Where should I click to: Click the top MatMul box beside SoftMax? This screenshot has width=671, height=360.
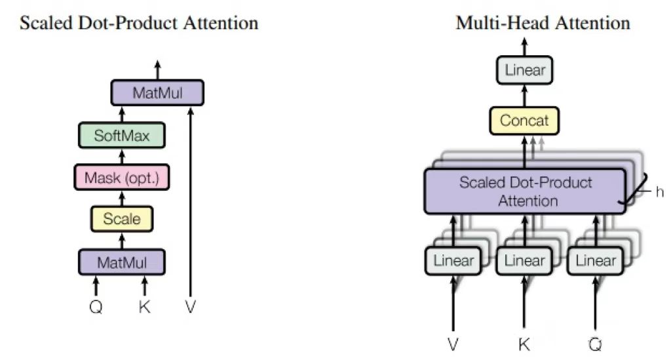point(157,92)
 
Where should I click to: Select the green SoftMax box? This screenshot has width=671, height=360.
point(121,136)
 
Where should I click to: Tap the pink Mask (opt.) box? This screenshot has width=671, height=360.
point(121,177)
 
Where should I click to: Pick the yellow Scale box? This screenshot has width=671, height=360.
point(122,219)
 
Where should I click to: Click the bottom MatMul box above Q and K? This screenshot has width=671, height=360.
point(121,262)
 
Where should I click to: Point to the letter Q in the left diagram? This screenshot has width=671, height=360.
point(96,306)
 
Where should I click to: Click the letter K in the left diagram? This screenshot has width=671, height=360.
point(145,306)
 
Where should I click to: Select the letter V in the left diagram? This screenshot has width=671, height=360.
point(190,306)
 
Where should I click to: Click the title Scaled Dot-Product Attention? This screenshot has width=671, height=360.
point(139,24)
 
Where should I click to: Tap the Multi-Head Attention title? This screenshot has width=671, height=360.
point(543,24)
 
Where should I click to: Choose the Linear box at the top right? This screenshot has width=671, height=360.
point(525,70)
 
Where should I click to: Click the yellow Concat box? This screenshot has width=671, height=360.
point(524,121)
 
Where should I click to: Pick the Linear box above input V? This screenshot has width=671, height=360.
point(453,260)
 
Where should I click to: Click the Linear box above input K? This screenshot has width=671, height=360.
point(524,260)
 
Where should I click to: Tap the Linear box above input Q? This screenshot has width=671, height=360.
point(596,260)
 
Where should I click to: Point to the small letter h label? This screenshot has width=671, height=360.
point(659,191)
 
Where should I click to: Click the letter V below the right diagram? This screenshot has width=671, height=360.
point(453,344)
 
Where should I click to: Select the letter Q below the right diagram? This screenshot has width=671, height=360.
point(596,344)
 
